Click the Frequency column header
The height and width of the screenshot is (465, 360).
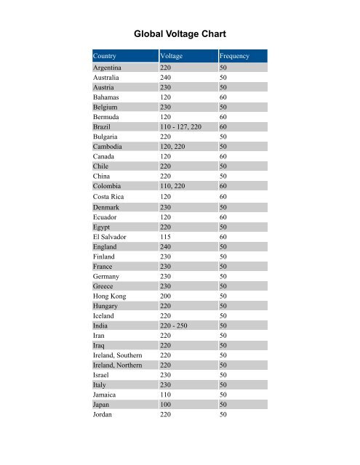pos(235,56)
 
